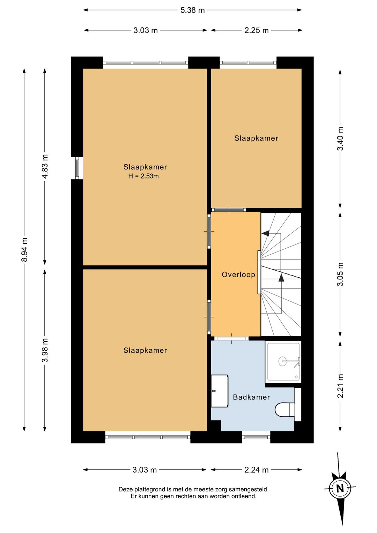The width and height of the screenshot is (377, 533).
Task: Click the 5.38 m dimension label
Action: coord(192,10)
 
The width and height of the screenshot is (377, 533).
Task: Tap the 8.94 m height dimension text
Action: coord(24,250)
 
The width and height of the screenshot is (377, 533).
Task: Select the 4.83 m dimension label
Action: coord(45,166)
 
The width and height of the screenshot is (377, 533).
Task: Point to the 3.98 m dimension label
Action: coord(45,350)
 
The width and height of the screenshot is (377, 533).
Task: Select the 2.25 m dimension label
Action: coord(257,30)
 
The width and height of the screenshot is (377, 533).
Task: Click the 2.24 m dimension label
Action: coord(257,470)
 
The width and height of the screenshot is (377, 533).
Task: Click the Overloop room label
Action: coord(238,275)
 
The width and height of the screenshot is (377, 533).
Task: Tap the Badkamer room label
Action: coord(251,397)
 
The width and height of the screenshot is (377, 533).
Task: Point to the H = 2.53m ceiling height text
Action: coord(143,176)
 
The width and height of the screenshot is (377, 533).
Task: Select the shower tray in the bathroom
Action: coord(283,362)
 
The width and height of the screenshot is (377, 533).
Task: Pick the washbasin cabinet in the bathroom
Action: coord(220,391)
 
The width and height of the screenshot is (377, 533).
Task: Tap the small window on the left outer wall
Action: coord(77,168)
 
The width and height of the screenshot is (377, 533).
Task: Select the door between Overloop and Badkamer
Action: coord(231,338)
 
